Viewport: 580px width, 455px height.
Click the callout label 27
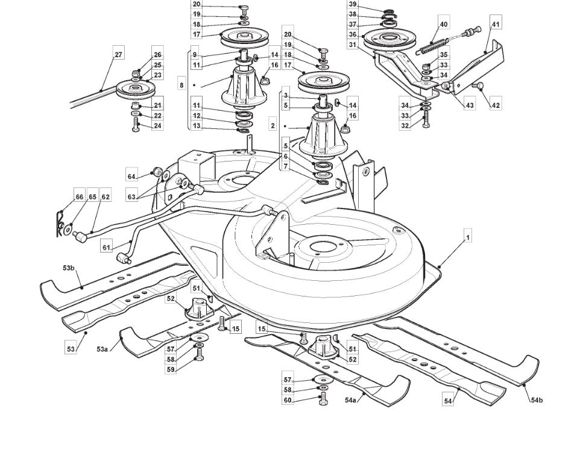pos(118,55)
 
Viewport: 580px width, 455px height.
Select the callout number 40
pos(444,24)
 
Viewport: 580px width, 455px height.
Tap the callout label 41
pos(496,24)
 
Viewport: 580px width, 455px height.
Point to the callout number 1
pos(467,237)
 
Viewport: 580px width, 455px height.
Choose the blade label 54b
pos(537,400)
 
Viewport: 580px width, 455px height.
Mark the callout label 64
pos(132,177)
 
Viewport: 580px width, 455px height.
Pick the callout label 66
pos(80,196)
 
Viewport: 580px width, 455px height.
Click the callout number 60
pos(288,400)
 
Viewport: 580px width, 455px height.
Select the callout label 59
pos(171,369)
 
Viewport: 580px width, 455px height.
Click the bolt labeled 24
pos(136,125)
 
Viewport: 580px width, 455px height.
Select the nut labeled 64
pos(157,171)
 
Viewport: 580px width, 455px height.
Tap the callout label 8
pos(181,85)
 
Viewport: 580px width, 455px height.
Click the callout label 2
pos(273,126)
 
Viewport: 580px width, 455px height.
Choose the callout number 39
pos(353,4)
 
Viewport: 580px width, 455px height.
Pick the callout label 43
pos(470,105)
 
